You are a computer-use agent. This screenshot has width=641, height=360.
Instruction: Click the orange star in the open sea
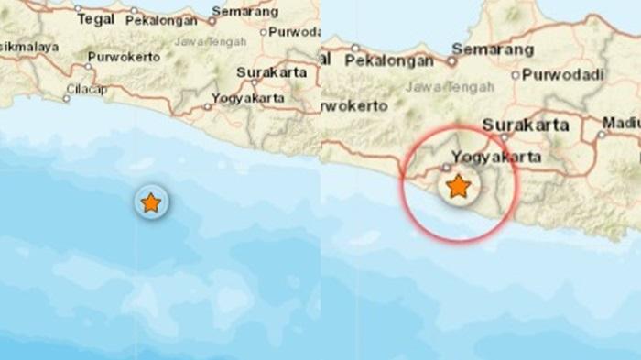point(150,202)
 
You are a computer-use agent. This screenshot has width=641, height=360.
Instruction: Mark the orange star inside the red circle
point(457,188)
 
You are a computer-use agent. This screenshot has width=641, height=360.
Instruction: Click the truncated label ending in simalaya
point(27,46)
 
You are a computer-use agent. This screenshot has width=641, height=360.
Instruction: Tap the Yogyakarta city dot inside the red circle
point(446,167)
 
